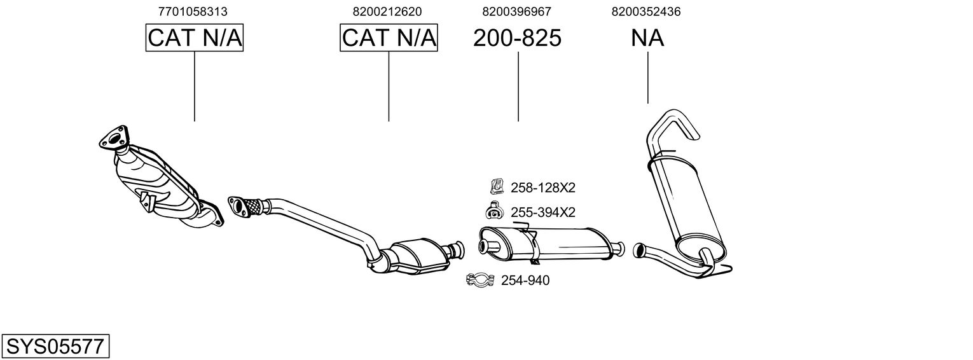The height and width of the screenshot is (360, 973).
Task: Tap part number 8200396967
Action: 516,11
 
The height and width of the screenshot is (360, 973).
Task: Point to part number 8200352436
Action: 646,11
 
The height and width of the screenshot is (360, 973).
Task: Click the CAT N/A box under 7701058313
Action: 195,38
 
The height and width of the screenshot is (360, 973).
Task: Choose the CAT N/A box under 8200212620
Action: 389,38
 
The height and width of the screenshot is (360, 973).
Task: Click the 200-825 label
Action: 517,38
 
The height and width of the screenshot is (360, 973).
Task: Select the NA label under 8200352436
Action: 647,38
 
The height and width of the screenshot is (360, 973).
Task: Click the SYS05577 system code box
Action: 55,347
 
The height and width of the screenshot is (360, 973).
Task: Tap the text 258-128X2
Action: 542,188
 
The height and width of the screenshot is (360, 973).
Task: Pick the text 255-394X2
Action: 542,212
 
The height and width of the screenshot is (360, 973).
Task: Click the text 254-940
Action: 525,280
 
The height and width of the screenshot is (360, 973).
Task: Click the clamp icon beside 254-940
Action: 481,280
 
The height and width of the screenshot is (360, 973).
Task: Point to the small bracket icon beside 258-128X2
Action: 496,187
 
